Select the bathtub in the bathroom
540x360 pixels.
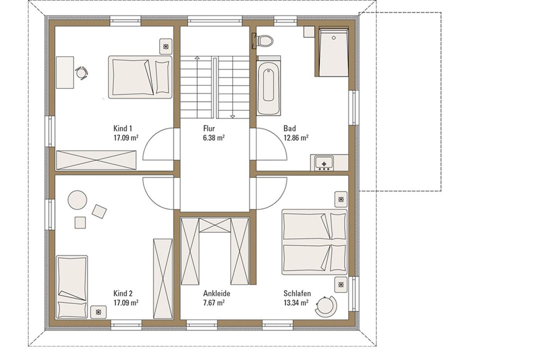[x=269, y=86]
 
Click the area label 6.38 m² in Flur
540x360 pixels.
[x=214, y=138]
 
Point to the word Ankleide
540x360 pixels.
[x=216, y=293]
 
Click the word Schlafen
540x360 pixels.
[x=297, y=293]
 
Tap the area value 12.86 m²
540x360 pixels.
[x=296, y=138]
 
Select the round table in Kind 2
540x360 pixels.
[x=77, y=200]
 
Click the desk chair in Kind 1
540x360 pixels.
[x=81, y=72]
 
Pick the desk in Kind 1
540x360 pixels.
[x=65, y=72]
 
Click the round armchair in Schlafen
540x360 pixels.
[x=326, y=306]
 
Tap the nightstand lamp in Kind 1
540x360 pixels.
[x=166, y=46]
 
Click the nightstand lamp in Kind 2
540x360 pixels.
[x=99, y=312]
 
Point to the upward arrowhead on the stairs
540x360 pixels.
[x=197, y=58]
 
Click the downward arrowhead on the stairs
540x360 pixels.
[x=233, y=117]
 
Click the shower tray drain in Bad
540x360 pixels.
[x=334, y=38]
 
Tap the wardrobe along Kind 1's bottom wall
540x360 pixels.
[x=96, y=160]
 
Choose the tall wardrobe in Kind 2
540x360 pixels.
[x=163, y=279]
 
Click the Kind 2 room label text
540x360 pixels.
[x=123, y=293]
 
